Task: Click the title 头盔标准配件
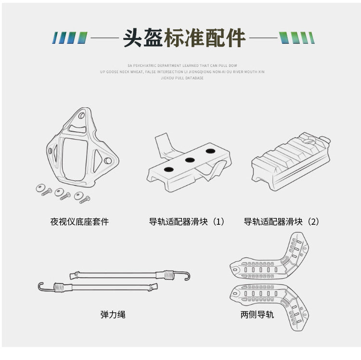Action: coord(184,38)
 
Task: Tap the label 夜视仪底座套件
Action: coord(79,222)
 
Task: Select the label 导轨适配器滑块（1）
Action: coord(187,222)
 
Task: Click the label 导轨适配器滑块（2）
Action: coord(282,222)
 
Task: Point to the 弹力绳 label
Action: coord(113,314)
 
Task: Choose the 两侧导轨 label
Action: coord(257,314)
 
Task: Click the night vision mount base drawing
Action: coord(82,147)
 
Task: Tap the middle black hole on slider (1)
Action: coord(190,160)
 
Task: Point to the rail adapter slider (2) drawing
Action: coord(291,161)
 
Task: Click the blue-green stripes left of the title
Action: coord(69,38)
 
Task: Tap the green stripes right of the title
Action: coord(297,38)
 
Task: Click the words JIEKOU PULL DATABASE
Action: coord(182,78)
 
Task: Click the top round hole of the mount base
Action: coord(81,116)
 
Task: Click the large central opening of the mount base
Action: coord(75,159)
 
